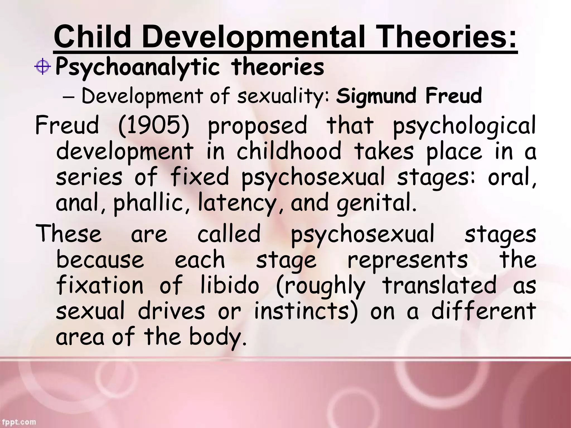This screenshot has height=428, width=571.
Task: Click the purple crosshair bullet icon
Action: coord(42,67)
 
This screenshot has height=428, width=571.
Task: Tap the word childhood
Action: coord(289,151)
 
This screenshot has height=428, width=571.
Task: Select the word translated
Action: coord(439,285)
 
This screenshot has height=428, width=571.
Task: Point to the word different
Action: coord(483,311)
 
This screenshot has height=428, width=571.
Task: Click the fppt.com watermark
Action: coord(18,422)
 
